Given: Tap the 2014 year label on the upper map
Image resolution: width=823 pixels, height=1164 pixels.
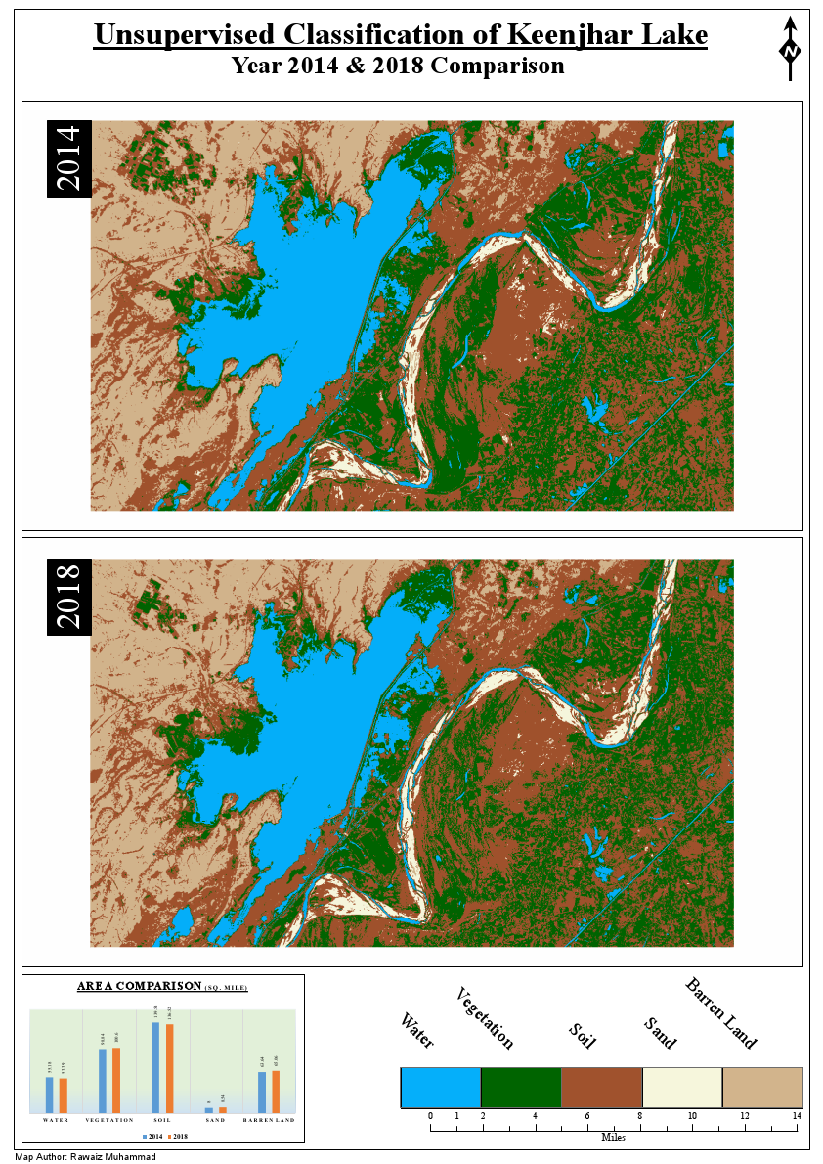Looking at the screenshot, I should [x=69, y=158].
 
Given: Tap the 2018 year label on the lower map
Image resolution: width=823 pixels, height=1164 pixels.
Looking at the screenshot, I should [x=69, y=597].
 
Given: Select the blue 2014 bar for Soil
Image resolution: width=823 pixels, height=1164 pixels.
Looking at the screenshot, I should [x=155, y=1067].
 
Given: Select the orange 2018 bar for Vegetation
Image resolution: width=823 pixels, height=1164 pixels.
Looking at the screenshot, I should [x=117, y=1080].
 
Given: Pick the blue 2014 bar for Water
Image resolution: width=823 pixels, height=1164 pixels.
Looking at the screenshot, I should [x=50, y=1095].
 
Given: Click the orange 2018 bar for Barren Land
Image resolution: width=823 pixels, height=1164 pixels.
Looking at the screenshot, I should [x=277, y=1092].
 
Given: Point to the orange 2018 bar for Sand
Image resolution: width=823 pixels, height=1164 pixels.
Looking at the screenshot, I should [x=222, y=1109].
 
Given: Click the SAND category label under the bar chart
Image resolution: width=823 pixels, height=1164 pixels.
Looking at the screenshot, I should [x=215, y=1120].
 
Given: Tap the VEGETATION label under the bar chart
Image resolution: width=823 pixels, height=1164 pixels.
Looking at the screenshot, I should [x=109, y=1120].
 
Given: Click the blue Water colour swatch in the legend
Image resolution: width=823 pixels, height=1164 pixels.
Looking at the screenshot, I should [x=441, y=1088].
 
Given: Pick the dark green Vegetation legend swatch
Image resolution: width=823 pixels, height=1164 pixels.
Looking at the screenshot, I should [x=521, y=1088].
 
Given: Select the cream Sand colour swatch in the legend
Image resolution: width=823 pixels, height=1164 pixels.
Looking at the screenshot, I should [x=681, y=1088].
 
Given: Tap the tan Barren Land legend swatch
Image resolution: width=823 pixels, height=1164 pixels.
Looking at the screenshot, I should [x=761, y=1088].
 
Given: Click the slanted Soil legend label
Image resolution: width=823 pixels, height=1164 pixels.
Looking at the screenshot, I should [x=583, y=1035].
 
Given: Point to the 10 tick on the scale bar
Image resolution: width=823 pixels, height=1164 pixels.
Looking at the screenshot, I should [x=692, y=1116].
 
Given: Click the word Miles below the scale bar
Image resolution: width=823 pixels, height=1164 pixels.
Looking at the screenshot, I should [x=614, y=1137].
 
